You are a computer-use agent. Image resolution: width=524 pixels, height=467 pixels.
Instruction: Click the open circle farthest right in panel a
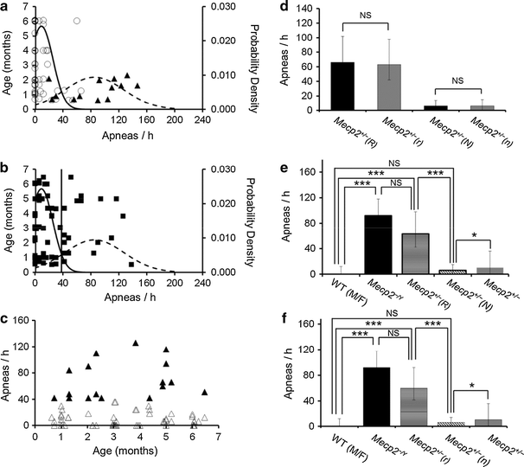(x=78, y=20)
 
